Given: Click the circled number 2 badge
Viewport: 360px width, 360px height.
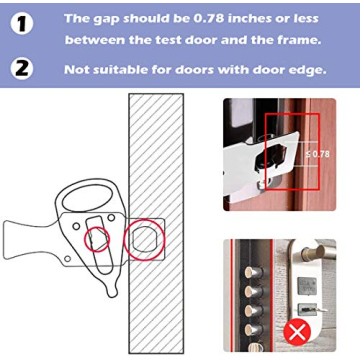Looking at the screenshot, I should tap(20, 69).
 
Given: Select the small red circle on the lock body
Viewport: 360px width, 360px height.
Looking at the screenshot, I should tap(96, 239).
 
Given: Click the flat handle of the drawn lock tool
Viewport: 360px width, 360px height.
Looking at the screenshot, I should tap(25, 241).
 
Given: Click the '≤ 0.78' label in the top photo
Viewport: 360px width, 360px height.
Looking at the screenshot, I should tap(317, 153).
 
